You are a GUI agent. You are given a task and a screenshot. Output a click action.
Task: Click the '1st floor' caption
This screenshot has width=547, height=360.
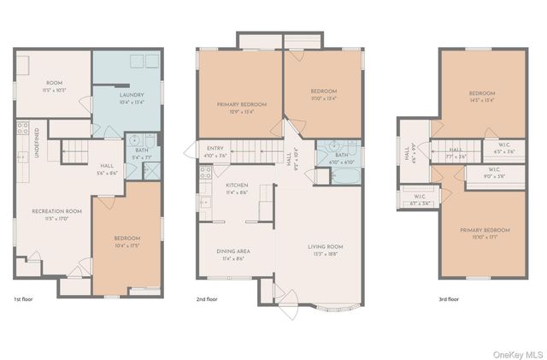click(x=23, y=299)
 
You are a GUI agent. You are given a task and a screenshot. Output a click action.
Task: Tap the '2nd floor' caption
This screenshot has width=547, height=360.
click(x=208, y=299)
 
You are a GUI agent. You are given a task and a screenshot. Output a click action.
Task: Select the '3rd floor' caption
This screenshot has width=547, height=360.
click(x=449, y=299)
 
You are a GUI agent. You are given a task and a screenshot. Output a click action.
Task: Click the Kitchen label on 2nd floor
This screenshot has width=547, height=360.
click(x=237, y=188)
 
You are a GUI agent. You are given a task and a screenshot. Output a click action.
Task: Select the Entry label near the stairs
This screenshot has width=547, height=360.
click(x=215, y=151)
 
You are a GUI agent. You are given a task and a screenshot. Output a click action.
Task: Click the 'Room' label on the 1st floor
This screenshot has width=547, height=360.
click(x=54, y=85)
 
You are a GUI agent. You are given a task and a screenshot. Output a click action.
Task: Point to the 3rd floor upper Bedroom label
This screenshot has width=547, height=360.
click(x=482, y=96)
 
